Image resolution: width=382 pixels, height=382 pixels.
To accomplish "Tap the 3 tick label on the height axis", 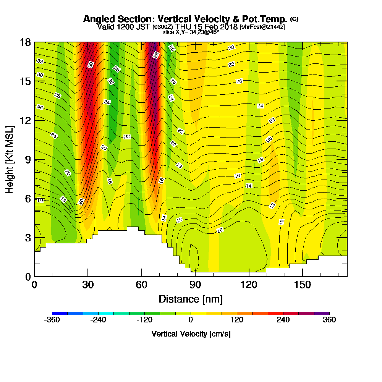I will [x=28, y=237].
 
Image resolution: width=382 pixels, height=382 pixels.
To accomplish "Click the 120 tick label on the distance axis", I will [x=249, y=285].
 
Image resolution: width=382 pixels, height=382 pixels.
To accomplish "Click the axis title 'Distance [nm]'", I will [x=191, y=298].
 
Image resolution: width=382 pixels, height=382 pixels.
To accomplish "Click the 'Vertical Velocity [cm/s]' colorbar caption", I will [x=191, y=334].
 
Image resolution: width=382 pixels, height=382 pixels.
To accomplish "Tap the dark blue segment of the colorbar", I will [x=60, y=313].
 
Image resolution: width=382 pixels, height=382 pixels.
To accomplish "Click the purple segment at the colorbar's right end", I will [x=322, y=313].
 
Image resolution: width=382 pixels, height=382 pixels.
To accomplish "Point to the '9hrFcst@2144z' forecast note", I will [x=262, y=27].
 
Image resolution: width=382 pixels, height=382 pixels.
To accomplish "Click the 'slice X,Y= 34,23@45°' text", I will [x=191, y=32].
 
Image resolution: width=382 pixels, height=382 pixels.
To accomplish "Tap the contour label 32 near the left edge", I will [x=40, y=61].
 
